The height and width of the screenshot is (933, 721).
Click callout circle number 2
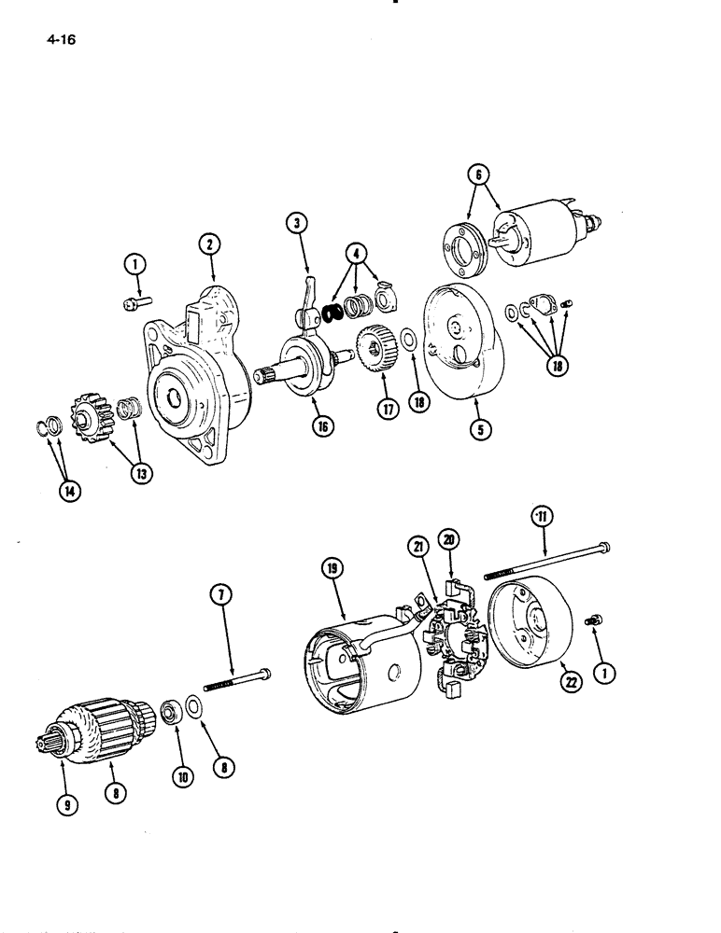(x=210, y=244)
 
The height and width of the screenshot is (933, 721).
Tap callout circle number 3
(x=296, y=222)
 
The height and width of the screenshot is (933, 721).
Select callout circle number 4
(x=355, y=253)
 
